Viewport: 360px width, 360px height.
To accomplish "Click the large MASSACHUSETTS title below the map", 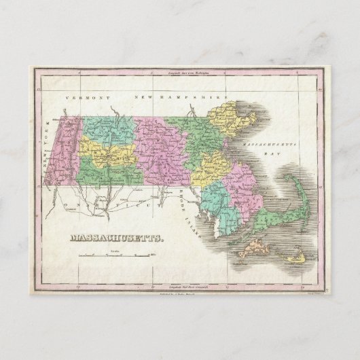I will point(109,239).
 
